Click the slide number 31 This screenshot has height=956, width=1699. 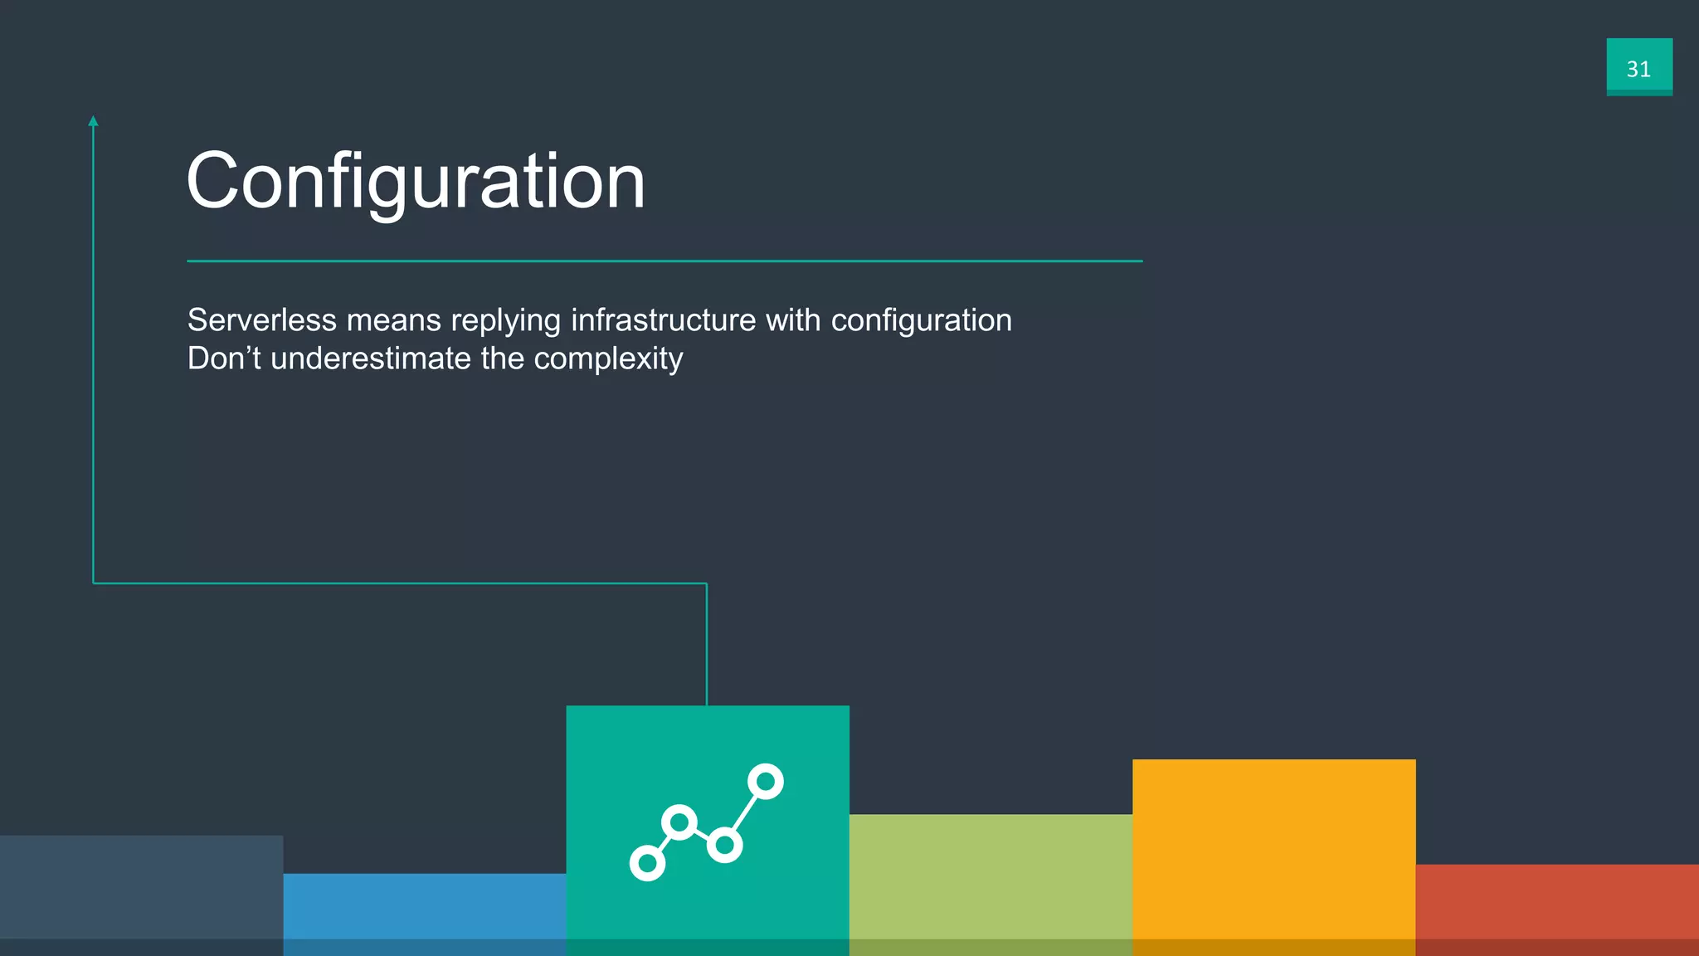1638,69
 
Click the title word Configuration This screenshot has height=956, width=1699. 416,181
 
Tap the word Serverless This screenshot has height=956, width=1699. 262,320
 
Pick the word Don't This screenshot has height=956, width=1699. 224,358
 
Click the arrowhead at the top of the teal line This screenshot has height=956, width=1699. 94,121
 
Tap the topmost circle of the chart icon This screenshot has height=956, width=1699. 766,782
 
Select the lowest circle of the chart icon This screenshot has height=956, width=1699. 647,863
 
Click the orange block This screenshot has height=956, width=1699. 1273,855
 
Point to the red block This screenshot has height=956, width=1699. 1557,909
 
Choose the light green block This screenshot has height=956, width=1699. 991,883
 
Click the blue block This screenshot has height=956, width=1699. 425,913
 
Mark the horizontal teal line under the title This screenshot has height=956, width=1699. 664,261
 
